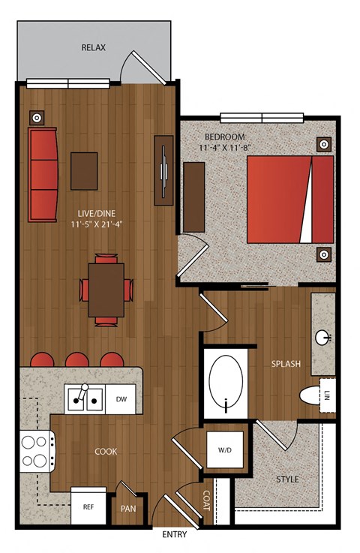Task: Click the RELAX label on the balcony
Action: pos(94,47)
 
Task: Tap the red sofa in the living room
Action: pos(43,175)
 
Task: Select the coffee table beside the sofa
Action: pos(84,171)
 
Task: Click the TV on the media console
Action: pos(163,171)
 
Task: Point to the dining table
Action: pos(106,290)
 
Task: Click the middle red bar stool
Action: pos(76,359)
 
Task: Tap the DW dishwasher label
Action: pos(121,399)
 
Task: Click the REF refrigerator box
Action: pos(88,506)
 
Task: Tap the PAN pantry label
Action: pos(128,509)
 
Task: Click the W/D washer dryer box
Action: pos(225,449)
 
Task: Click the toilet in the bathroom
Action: pos(310,395)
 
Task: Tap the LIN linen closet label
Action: pos(326,395)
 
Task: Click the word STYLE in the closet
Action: pos(287,479)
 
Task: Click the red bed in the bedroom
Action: pos(290,200)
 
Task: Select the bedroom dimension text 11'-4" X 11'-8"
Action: pos(224,147)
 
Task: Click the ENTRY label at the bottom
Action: pos(175,535)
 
